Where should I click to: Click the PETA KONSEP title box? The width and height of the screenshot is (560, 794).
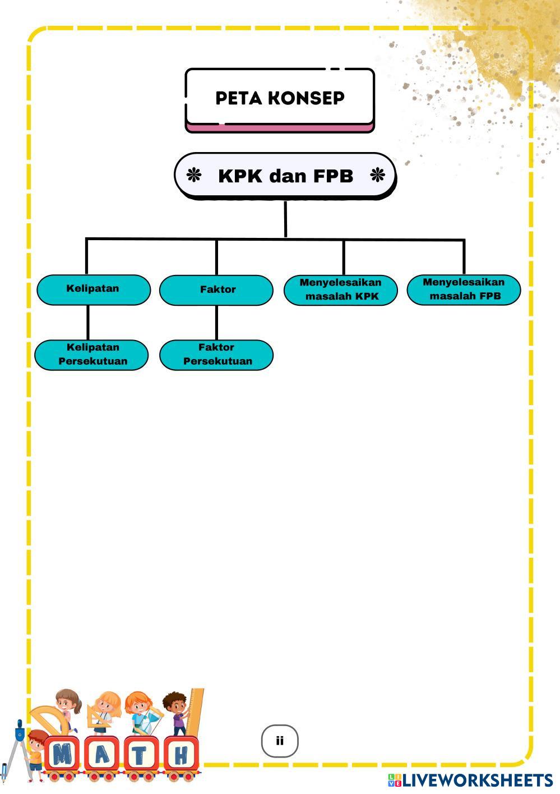click(x=280, y=98)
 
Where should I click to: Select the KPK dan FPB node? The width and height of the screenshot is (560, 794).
click(x=285, y=176)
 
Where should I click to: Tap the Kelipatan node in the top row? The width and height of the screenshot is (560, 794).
click(x=94, y=289)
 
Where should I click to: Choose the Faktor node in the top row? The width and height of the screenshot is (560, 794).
click(x=216, y=290)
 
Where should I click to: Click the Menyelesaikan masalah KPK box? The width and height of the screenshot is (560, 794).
click(x=340, y=290)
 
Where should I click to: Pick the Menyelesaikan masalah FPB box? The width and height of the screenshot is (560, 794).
click(x=464, y=289)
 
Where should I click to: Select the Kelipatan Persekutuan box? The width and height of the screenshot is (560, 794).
click(x=92, y=354)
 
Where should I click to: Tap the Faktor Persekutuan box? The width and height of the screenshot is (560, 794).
click(x=216, y=354)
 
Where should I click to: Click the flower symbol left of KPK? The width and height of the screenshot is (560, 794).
click(x=193, y=176)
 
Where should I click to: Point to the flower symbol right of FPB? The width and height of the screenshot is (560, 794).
click(x=378, y=176)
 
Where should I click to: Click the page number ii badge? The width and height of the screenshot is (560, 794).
click(x=280, y=741)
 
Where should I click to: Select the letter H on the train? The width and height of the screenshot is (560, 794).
click(x=181, y=755)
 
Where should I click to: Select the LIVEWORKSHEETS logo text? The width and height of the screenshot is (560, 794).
click(x=476, y=780)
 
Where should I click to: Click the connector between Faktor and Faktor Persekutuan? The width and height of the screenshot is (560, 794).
click(x=216, y=323)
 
